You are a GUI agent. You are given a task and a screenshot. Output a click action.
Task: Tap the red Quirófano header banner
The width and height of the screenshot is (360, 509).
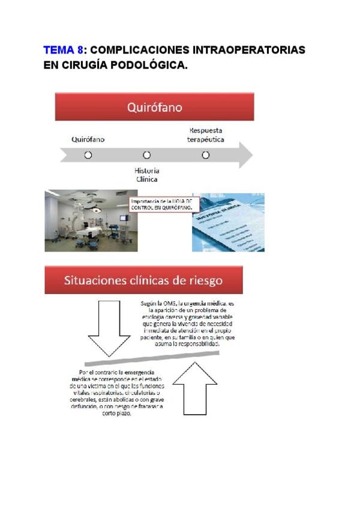coord(154,107)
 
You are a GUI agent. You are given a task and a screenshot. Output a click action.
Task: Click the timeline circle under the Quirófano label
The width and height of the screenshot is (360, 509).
coord(88,155)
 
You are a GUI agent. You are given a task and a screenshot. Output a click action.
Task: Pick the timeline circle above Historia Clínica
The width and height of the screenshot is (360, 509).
coord(146,155)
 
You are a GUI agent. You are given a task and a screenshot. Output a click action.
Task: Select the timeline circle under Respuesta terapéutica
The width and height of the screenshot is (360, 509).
coord(205,155)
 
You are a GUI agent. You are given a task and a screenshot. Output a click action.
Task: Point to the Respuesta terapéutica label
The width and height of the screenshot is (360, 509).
coord(206,134)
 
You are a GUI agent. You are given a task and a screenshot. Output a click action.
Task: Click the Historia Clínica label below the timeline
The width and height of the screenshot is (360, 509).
coord(146,175)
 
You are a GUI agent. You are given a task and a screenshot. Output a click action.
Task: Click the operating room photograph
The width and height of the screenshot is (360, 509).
coord(91,220)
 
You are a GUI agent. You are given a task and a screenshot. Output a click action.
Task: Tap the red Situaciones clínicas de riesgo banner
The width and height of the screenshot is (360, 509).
coord(143,280)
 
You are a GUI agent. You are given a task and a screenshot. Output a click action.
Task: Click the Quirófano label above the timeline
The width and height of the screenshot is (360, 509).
coord(88,139)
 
